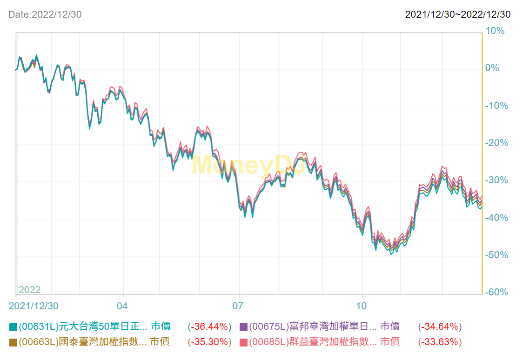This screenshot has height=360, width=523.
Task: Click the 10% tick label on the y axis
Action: (495, 31)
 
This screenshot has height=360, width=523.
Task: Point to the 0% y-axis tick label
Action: (492, 68)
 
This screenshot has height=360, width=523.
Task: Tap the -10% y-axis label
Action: (496, 106)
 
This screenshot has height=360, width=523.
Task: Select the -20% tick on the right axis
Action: (496, 143)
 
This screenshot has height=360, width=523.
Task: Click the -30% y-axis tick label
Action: (496, 180)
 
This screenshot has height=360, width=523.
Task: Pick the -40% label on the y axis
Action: (496, 218)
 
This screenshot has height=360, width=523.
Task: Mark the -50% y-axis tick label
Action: (496, 255)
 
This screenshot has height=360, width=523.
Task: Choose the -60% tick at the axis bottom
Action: (496, 293)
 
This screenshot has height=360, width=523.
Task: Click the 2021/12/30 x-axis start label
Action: (34, 306)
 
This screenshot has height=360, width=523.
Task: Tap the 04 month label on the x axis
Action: (122, 306)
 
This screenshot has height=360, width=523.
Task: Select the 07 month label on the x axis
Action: (238, 306)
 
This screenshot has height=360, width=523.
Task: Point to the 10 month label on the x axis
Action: (362, 306)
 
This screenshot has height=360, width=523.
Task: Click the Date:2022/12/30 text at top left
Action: (45, 14)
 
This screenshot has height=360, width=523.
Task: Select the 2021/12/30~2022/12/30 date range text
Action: (458, 14)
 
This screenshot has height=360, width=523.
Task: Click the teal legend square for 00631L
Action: (13, 327)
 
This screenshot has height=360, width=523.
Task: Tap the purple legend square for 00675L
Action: (243, 327)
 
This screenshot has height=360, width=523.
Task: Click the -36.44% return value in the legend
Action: (209, 327)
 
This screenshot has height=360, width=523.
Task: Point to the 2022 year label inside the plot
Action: (30, 290)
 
